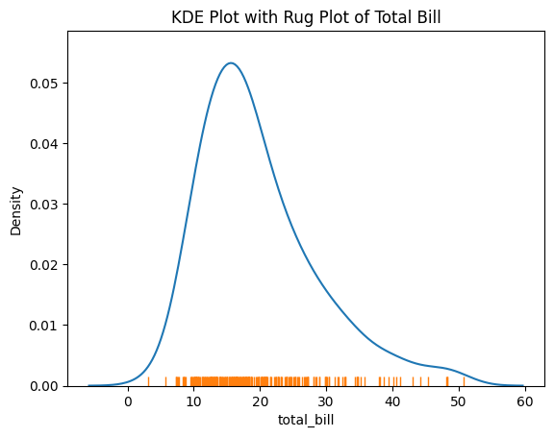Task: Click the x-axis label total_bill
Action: [x=306, y=421]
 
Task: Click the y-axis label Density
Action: [x=15, y=208]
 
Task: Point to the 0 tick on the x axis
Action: [x=128, y=401]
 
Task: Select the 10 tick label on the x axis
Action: [x=194, y=401]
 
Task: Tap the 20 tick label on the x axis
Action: [x=261, y=401]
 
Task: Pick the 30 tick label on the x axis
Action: [x=326, y=401]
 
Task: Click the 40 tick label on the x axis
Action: [x=392, y=401]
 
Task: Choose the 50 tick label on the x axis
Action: [x=459, y=401]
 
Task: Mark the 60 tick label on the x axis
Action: [x=524, y=401]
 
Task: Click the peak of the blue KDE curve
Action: [x=231, y=63]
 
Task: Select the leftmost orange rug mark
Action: [x=148, y=380]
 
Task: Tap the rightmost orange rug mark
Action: [x=464, y=380]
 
